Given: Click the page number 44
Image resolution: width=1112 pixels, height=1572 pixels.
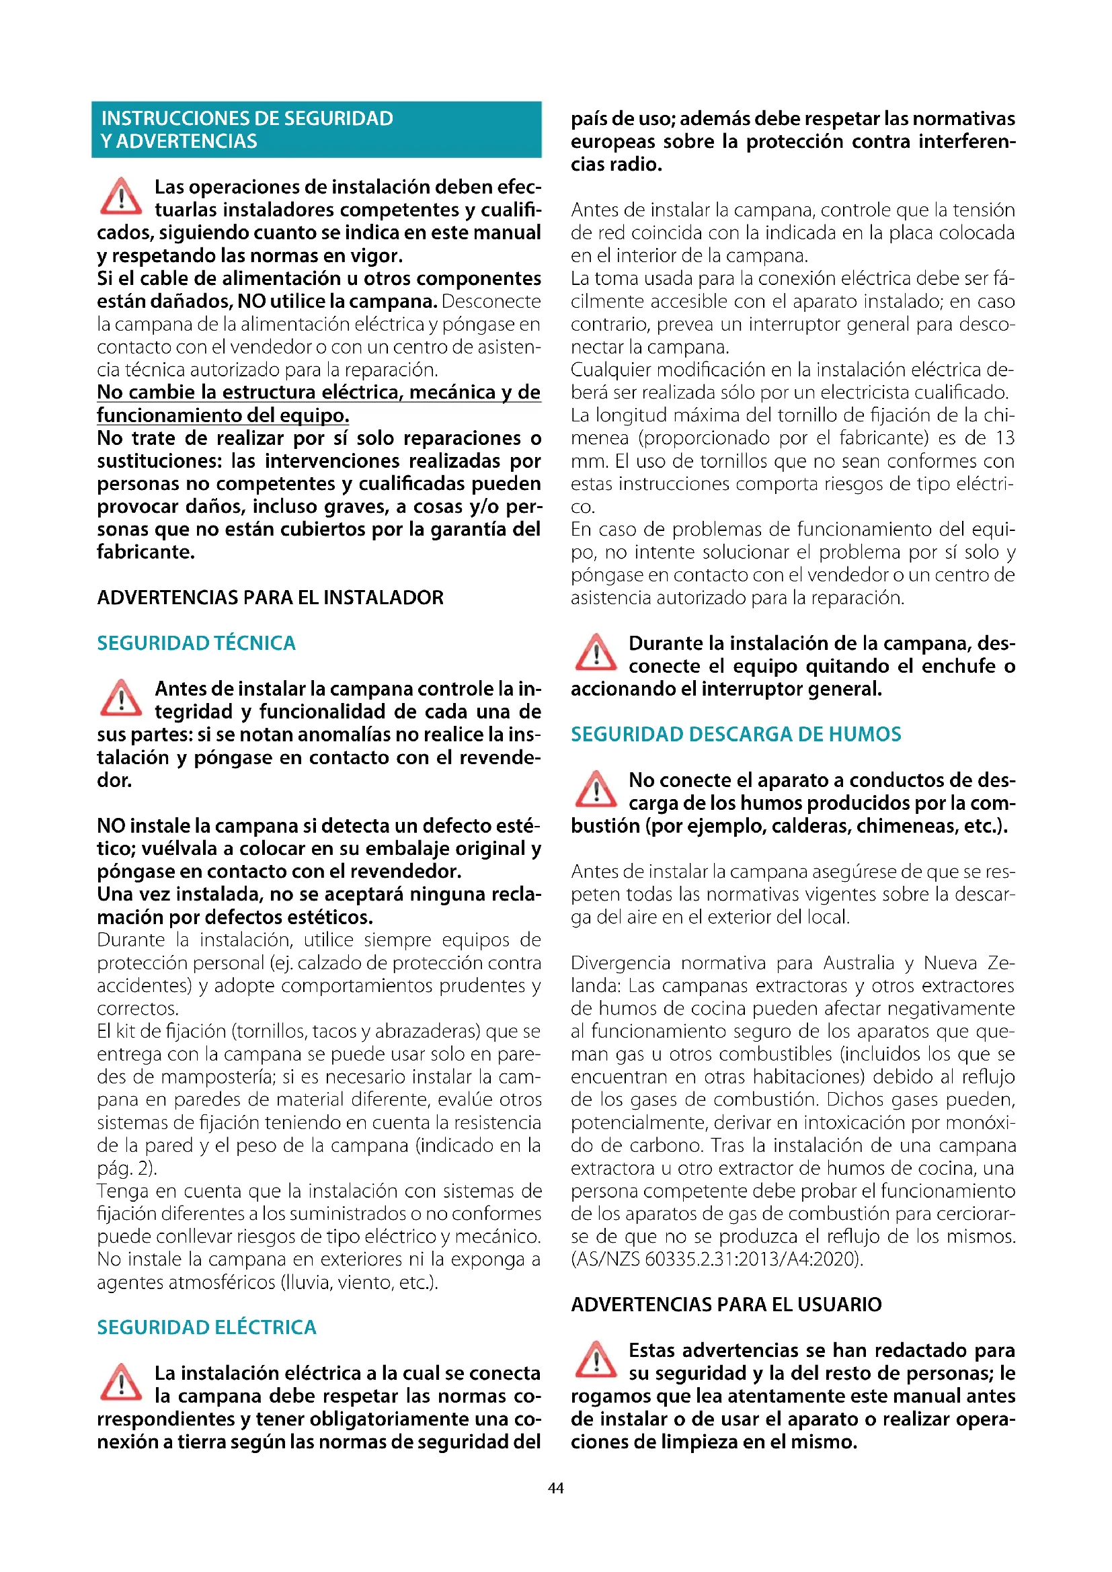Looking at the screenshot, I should (555, 1488).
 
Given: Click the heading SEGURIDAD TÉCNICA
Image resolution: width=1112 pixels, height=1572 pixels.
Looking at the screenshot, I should (196, 643).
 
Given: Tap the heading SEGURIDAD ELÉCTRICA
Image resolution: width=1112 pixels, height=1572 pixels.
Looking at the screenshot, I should (206, 1327).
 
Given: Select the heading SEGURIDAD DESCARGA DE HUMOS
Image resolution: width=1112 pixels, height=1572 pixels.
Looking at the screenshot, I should (736, 734).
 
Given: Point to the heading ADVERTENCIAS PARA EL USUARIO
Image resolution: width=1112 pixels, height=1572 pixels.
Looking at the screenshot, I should (726, 1305).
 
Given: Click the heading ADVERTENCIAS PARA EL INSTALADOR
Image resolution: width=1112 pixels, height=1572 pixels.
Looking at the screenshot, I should (270, 597).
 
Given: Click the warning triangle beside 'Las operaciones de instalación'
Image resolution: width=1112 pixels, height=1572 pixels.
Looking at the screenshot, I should (120, 196).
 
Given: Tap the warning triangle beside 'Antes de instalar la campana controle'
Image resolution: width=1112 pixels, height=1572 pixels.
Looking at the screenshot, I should (120, 698).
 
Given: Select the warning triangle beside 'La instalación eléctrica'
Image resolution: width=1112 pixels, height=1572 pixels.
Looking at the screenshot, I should (120, 1382).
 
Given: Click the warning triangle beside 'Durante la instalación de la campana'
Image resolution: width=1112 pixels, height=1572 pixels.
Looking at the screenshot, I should (595, 653).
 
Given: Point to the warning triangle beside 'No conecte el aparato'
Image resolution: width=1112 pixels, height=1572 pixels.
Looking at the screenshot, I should (595, 790).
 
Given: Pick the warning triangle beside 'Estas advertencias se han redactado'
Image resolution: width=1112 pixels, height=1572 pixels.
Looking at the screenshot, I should (595, 1360).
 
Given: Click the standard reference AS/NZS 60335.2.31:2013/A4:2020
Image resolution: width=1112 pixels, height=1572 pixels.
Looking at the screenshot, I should (717, 1258).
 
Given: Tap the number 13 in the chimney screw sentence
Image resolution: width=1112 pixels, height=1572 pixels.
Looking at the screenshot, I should (1004, 438).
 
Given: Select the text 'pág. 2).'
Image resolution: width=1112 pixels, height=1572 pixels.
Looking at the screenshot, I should (126, 1167).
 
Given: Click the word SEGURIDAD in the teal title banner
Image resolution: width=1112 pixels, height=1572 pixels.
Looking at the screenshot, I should (338, 118).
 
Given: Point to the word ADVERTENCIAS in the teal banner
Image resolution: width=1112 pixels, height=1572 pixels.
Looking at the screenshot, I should (186, 141).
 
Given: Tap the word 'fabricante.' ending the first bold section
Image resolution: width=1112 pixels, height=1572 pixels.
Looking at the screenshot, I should (146, 552).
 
